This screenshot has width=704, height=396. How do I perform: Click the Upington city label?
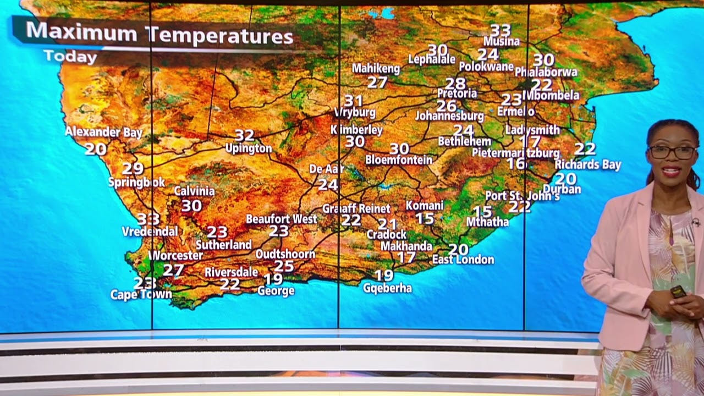[248, 148]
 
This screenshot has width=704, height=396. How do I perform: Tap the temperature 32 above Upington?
[244, 135]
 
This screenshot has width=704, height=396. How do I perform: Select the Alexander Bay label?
[103, 132]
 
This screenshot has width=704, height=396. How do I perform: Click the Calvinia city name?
[194, 191]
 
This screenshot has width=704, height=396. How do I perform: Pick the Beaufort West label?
[281, 219]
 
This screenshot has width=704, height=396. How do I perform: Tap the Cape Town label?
[141, 295]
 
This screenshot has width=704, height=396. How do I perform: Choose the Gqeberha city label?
[387, 288]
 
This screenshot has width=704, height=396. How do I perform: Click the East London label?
[463, 260]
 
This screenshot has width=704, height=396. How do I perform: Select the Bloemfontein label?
[399, 160]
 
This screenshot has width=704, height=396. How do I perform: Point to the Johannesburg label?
[449, 117]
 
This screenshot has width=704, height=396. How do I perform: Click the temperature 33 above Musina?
[500, 30]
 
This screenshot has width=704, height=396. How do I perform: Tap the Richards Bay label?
[587, 164]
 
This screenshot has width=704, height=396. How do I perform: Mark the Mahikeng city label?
[376, 69]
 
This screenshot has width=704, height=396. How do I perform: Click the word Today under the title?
[70, 56]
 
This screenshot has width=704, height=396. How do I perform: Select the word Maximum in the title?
[81, 32]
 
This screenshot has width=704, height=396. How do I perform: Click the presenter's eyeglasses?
[672, 152]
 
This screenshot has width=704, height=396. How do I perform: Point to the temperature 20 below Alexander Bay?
[96, 148]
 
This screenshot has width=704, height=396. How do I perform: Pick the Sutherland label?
[223, 245]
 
